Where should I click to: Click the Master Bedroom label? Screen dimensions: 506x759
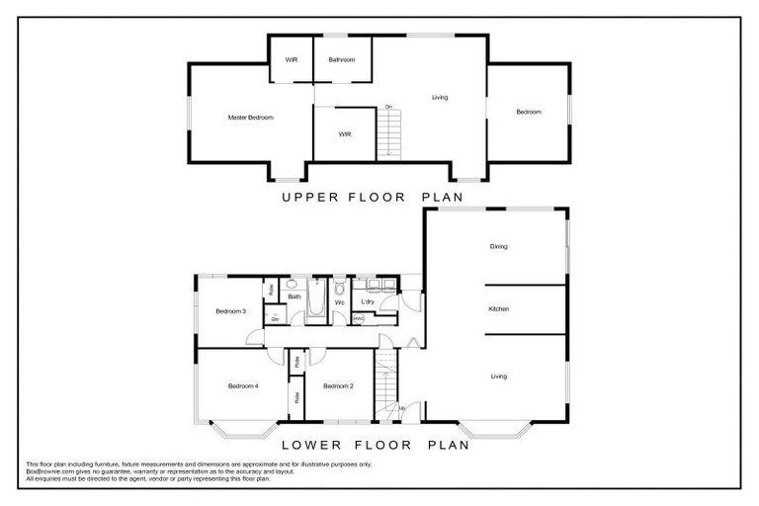tap(250, 118)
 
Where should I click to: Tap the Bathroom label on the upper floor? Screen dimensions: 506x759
tap(342, 60)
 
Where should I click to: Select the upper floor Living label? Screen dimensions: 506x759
tap(440, 97)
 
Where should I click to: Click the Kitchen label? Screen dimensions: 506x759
tap(498, 310)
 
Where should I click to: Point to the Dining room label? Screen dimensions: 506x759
tap(498, 246)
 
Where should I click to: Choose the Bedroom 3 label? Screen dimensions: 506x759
tap(230, 312)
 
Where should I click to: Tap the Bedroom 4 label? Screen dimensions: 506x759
tap(242, 385)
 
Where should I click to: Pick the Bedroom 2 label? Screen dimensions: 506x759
tap(338, 385)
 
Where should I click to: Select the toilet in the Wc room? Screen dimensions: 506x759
tap(338, 289)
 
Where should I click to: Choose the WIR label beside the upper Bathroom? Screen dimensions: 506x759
tap(292, 60)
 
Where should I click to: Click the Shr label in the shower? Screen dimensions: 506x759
tap(274, 319)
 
